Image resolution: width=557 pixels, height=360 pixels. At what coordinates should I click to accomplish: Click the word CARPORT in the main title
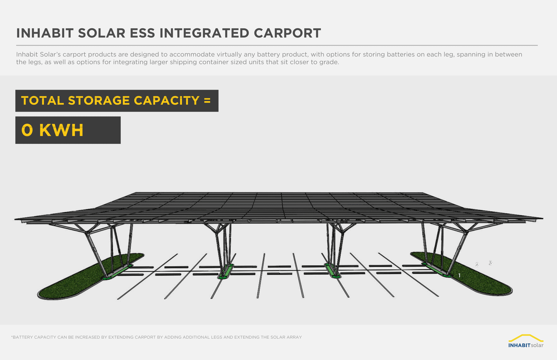(287, 33)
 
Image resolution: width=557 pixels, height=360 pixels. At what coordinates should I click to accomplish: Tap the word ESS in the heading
(142, 33)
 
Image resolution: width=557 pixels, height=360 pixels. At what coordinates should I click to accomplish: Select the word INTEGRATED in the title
(204, 33)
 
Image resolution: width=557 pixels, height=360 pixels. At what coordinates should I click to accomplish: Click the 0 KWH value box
(68, 130)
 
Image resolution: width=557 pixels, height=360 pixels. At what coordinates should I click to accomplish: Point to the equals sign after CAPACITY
(207, 101)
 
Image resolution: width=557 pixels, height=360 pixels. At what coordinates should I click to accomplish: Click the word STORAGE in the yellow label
(99, 101)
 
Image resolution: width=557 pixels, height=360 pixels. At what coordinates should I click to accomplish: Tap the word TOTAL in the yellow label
(42, 101)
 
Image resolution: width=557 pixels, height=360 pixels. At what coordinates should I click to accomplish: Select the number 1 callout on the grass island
(459, 275)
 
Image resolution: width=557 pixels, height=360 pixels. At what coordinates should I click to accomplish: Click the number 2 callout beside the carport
(477, 265)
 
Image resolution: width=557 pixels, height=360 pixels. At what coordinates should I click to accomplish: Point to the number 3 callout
(491, 263)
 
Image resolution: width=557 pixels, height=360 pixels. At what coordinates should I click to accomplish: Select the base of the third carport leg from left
(332, 271)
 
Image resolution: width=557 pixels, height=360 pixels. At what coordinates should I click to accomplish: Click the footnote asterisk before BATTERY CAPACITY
(12, 337)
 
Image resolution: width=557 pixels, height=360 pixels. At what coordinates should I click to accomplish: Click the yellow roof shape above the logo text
(526, 337)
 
